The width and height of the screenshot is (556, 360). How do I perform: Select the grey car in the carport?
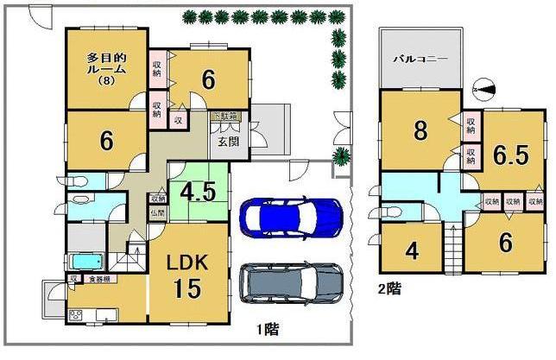click(x=289, y=283)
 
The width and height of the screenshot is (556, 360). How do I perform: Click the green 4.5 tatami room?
click(x=198, y=191)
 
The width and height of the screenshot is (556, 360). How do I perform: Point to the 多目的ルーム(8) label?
click(x=107, y=69)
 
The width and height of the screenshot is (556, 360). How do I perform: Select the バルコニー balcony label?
click(x=420, y=61)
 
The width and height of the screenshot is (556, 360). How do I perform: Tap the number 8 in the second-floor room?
click(x=420, y=131)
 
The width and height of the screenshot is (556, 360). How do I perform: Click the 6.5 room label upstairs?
click(x=510, y=155)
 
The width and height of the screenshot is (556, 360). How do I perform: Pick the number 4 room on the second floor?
click(x=412, y=252)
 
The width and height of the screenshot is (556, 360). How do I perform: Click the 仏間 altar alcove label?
click(x=157, y=212)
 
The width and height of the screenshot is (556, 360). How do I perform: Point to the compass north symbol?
click(x=484, y=87)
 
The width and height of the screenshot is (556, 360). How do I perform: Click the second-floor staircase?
click(x=453, y=245)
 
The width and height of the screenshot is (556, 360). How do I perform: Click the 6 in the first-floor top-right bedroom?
click(x=207, y=80)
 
